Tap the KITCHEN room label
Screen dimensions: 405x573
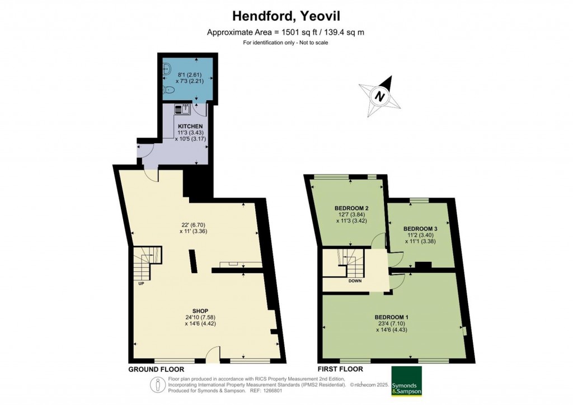coord(190,126)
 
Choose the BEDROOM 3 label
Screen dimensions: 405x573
coord(420,229)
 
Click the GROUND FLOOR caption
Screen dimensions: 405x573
coord(156,369)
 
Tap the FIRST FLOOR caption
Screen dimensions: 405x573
coord(340,369)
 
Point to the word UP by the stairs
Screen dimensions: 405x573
coord(142,283)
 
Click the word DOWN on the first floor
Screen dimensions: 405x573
coord(355,281)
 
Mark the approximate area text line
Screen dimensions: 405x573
coord(286,32)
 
